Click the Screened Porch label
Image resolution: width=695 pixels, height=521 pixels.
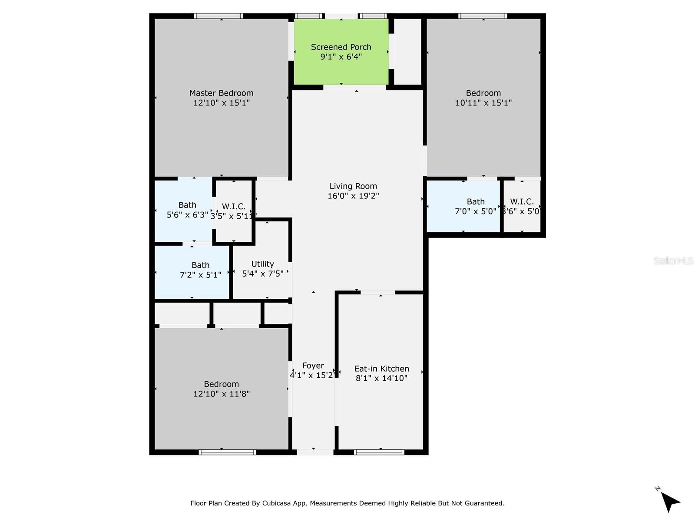(x=341, y=47)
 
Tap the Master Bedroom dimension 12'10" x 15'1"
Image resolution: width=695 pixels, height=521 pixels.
(x=222, y=103)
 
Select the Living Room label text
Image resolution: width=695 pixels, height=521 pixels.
(x=353, y=186)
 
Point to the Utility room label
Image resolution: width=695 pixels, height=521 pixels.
(x=262, y=264)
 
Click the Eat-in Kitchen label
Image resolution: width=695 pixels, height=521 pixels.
(x=381, y=369)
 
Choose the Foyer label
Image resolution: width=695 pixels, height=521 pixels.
(x=313, y=366)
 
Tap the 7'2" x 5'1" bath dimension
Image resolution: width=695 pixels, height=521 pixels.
(x=200, y=275)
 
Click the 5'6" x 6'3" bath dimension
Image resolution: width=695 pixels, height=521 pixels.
(x=187, y=215)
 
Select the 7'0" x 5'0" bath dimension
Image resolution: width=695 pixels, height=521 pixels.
(x=475, y=211)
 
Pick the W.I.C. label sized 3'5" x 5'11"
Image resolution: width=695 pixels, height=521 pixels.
(x=234, y=207)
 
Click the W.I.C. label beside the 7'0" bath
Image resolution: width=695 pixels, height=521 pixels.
(x=522, y=201)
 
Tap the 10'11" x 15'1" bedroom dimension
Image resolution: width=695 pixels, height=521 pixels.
(x=483, y=103)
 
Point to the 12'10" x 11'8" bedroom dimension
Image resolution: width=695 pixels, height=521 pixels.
(x=222, y=394)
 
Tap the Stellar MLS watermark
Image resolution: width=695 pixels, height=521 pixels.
(x=673, y=261)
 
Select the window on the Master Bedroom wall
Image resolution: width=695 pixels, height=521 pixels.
(x=218, y=16)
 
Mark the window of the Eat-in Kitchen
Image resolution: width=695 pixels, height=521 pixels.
(x=379, y=452)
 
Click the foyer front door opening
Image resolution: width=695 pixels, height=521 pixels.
(x=315, y=452)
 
